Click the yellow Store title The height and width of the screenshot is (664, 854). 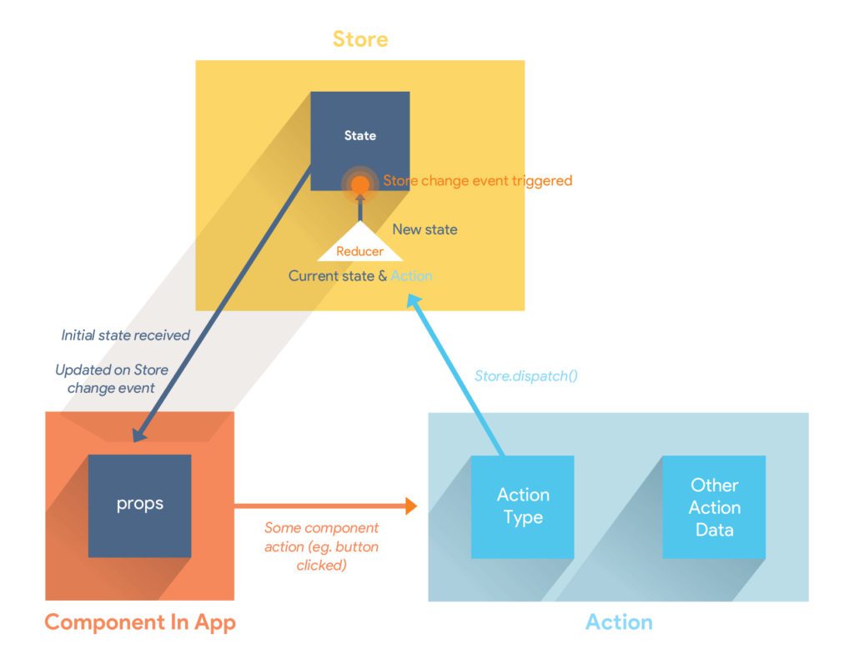tap(360, 38)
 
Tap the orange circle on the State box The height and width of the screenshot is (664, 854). tap(359, 185)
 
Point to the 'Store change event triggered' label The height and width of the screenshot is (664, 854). tap(478, 180)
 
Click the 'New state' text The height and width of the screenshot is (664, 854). tap(424, 229)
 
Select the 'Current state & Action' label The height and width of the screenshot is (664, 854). tap(359, 275)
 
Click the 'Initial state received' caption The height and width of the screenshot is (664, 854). tap(125, 335)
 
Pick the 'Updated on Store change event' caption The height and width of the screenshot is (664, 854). tap(111, 379)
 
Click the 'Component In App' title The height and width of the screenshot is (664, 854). tap(140, 622)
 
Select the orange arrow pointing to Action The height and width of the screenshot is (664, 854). tap(324, 505)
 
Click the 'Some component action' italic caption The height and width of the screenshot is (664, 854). tap(321, 546)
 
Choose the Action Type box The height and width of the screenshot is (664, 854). tap(522, 506)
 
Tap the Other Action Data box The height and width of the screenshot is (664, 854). tap(714, 506)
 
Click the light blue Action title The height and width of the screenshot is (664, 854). tap(618, 622)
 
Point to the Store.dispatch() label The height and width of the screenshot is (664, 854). tap(526, 375)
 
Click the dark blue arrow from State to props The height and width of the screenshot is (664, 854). tap(225, 300)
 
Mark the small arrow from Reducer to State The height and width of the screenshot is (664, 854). tap(359, 209)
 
